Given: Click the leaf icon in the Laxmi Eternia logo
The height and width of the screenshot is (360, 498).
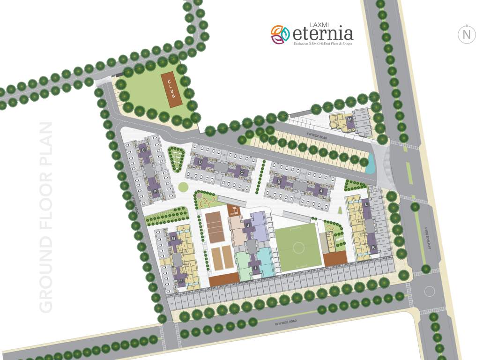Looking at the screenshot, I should (x=280, y=34).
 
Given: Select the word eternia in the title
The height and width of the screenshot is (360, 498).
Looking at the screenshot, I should (x=323, y=34).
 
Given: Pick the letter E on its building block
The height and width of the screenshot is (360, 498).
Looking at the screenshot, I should (x=143, y=150).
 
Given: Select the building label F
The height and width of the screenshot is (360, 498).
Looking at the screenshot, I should (x=155, y=191).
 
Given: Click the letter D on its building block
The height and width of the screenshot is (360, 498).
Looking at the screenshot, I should (x=201, y=162).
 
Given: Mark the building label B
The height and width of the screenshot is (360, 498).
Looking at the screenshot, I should (x=279, y=180).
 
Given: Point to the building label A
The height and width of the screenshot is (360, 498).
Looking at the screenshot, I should (x=321, y=191).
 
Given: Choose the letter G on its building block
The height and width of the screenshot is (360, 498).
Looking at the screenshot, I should (x=174, y=239).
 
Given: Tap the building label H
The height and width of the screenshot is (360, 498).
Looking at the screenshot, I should (x=181, y=281).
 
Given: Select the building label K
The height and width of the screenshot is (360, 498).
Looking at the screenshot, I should (x=373, y=247).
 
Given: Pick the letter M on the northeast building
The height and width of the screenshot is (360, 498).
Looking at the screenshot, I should (x=349, y=119).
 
